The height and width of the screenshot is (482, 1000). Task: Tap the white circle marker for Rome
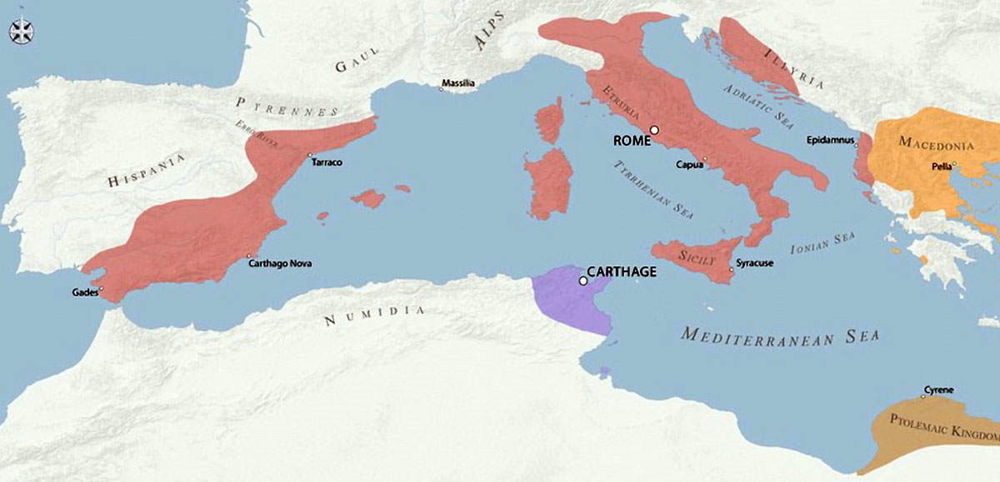coord(655,130)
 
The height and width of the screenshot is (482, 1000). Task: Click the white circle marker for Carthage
coord(582,281)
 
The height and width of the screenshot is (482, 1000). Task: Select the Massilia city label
coord(458,83)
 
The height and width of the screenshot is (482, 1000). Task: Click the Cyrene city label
coord(938,390)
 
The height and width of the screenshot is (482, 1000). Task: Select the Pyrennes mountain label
coord(287,107)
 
